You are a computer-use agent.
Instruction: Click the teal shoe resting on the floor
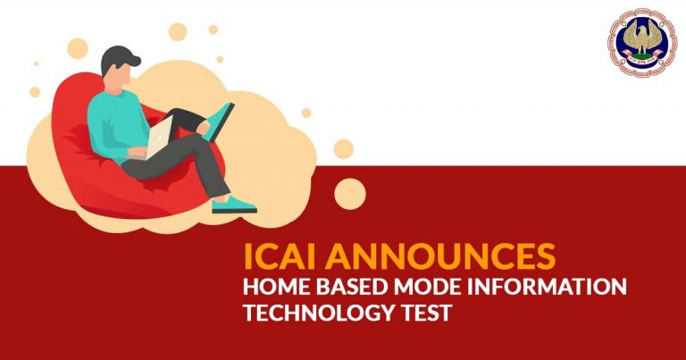[x=234, y=205]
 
